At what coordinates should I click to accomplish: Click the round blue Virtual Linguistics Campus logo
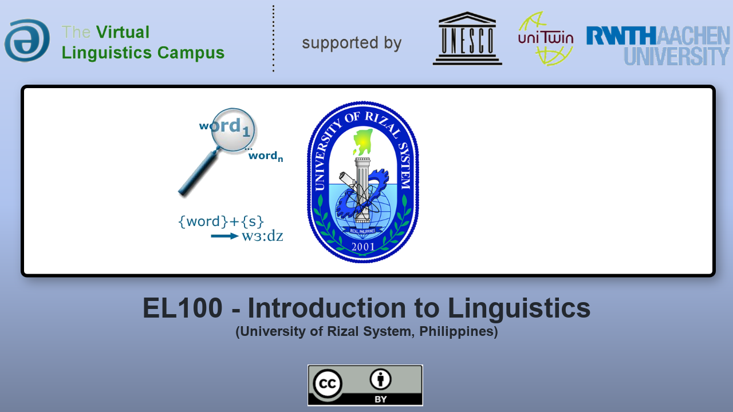pos(27,40)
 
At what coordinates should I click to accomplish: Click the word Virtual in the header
pos(123,32)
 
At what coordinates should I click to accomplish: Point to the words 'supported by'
pos(352,43)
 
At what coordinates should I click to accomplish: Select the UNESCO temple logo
pos(467,38)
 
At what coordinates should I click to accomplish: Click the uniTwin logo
pos(546,38)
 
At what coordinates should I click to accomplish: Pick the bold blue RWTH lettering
pos(621,35)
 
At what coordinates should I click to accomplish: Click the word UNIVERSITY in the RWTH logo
pos(676,56)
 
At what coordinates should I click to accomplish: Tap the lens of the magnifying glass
pos(232,130)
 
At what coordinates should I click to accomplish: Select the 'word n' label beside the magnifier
pos(265,156)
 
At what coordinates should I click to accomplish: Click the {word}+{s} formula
pos(221,221)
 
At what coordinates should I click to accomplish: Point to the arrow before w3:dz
pos(224,236)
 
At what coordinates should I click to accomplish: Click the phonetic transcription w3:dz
pos(262,236)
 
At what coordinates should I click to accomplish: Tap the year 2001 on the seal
pos(363,247)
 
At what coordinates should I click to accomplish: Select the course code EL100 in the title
pos(183,308)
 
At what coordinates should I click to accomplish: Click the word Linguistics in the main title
pos(519,308)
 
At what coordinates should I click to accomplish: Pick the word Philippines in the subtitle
pos(459,331)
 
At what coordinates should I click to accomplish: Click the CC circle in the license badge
pos(327,383)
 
